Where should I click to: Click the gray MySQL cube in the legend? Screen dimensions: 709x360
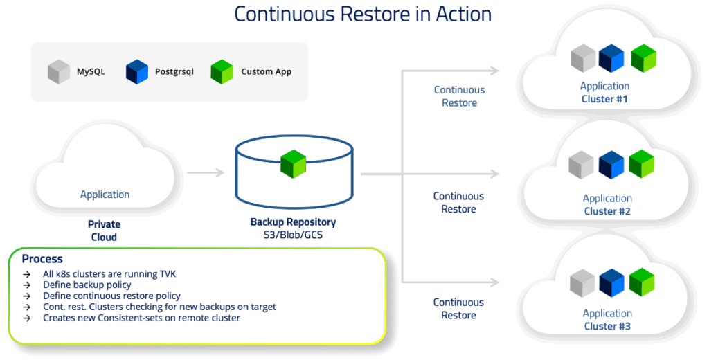(59, 72)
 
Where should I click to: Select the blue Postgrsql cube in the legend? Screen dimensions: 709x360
(137, 72)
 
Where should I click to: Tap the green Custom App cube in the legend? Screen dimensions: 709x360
(222, 72)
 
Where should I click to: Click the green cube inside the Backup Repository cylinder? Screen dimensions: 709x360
(294, 163)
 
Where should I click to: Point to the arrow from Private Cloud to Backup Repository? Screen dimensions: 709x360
(206, 172)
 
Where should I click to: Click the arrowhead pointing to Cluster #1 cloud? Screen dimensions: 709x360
(494, 70)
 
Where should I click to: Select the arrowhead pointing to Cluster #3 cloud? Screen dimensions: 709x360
(494, 282)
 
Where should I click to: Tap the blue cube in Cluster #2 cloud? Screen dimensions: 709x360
(611, 165)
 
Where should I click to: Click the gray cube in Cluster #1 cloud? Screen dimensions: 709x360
(583, 58)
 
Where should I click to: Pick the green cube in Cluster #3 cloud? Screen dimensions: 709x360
(642, 282)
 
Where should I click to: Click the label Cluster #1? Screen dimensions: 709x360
(604, 99)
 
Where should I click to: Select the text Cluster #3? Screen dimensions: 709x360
(607, 326)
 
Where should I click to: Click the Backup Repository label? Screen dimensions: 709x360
(293, 222)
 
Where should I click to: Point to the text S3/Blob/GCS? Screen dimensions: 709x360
(294, 235)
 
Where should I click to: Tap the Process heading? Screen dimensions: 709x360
(42, 259)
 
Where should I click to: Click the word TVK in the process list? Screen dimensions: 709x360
(168, 274)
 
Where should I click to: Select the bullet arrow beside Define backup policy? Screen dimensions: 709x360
(27, 285)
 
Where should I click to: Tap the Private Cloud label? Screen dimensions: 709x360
(104, 231)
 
